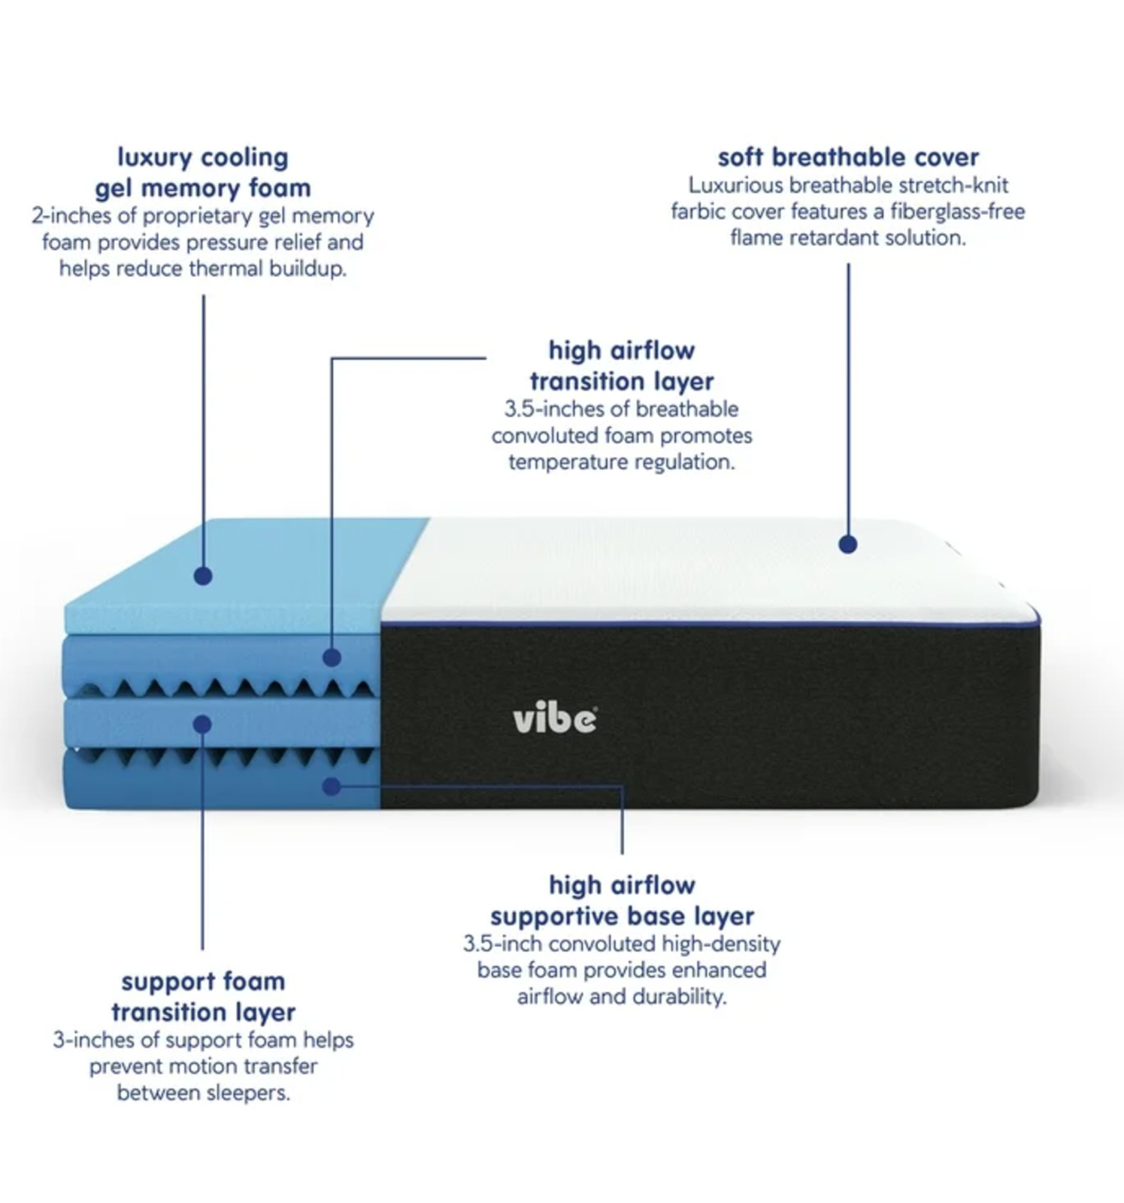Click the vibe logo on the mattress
click(x=556, y=720)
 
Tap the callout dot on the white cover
click(x=848, y=544)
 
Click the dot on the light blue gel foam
click(x=203, y=576)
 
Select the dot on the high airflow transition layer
click(x=332, y=657)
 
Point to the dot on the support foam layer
click(x=202, y=724)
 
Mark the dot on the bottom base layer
click(x=332, y=786)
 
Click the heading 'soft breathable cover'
click(x=848, y=157)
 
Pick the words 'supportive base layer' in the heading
click(x=623, y=917)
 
